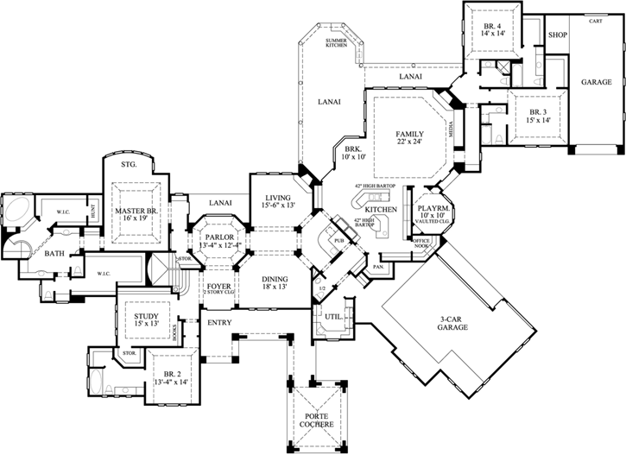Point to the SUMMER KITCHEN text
click(x=335, y=44)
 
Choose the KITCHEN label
click(x=380, y=210)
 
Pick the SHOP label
click(x=557, y=35)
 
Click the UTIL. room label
click(x=333, y=317)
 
